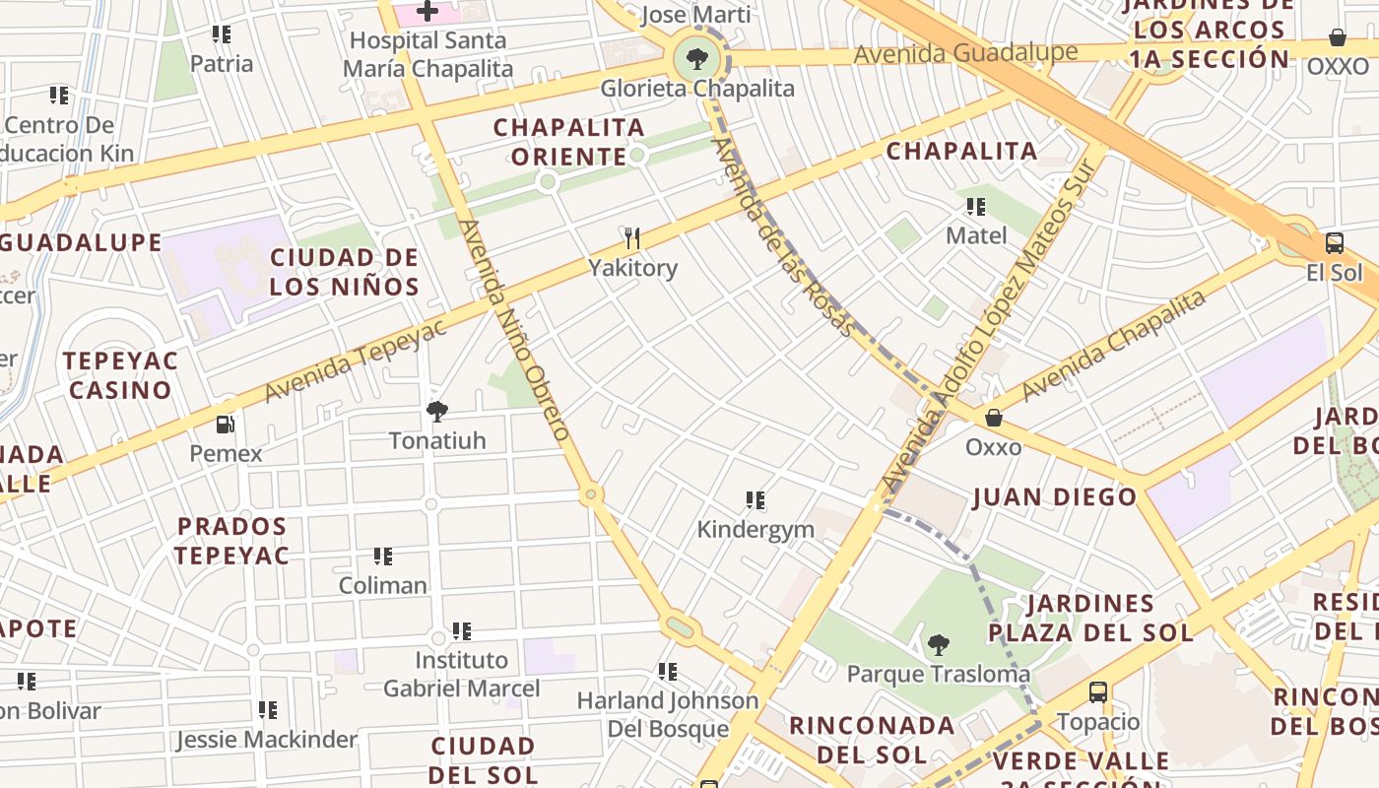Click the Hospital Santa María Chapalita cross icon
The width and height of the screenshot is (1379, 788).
(x=427, y=12)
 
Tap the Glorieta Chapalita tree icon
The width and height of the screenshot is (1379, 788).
(x=697, y=59)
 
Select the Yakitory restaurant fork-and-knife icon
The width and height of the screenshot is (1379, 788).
(x=632, y=238)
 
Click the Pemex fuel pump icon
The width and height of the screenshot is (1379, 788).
(x=226, y=425)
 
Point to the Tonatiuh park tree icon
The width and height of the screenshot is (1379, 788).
(x=437, y=412)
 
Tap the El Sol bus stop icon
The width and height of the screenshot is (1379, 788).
(x=1335, y=243)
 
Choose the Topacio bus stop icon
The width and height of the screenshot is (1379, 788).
(x=1098, y=692)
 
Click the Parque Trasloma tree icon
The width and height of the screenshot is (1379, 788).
(x=939, y=645)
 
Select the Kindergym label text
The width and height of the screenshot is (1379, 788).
(x=755, y=529)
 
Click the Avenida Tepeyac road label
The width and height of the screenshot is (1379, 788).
(x=356, y=361)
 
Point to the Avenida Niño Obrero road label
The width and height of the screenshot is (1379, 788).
(x=515, y=330)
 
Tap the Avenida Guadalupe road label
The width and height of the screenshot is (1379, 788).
(x=964, y=53)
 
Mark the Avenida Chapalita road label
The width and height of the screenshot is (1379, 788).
(x=1114, y=345)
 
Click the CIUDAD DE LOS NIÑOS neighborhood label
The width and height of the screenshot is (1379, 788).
(x=345, y=273)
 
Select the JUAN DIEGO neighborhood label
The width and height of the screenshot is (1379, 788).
(x=1055, y=497)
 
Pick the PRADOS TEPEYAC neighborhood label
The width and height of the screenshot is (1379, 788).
(x=231, y=541)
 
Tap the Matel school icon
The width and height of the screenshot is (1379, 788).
(x=976, y=207)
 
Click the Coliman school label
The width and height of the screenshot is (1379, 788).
(x=383, y=585)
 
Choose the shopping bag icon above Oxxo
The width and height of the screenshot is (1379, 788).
(x=994, y=418)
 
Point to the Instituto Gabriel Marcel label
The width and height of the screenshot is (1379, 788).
(x=462, y=674)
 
